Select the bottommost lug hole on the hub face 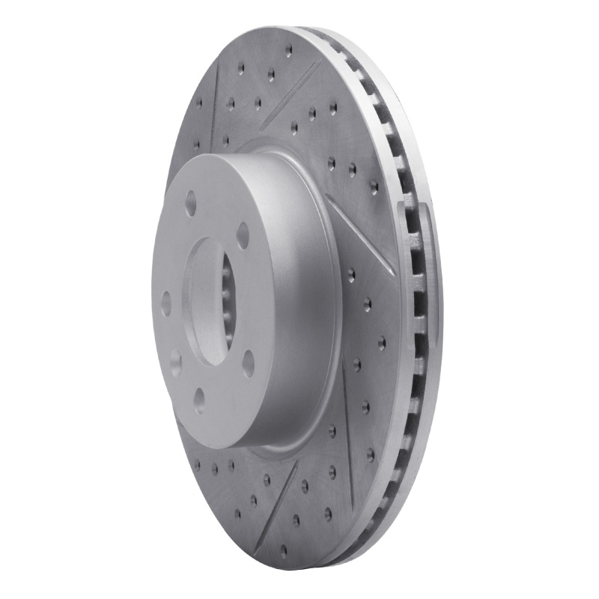200,401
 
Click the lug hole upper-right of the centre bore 243,234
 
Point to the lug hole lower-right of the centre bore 248,362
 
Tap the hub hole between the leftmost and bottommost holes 175,362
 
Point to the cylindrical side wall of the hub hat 299,299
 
